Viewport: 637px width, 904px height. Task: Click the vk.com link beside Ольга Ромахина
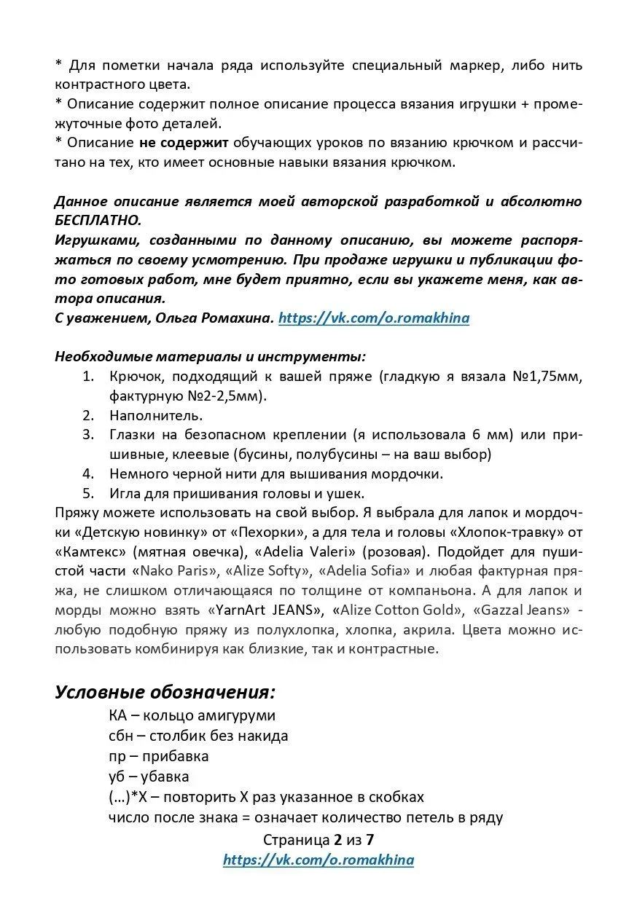(374, 318)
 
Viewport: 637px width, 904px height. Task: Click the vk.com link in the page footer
(318, 860)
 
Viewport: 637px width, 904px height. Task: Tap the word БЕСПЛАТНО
(98, 220)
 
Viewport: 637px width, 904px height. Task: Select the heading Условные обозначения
(165, 691)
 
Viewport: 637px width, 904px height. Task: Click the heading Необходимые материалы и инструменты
(211, 357)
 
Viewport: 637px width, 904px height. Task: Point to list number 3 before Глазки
(88, 435)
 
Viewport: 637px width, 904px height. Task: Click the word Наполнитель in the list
(156, 416)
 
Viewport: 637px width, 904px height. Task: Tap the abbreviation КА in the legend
(117, 716)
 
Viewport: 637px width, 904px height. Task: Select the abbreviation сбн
(120, 736)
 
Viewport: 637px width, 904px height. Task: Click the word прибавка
(176, 756)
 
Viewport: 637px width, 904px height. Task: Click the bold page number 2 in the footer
(337, 839)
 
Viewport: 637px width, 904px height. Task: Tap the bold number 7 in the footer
(370, 839)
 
